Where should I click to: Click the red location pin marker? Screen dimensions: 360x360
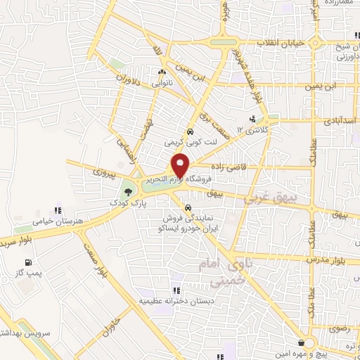tap(181, 165)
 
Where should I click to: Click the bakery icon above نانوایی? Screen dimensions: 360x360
tap(162, 72)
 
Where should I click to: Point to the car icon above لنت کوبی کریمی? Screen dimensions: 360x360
tap(190, 131)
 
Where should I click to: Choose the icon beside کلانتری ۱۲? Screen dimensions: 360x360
tap(252, 120)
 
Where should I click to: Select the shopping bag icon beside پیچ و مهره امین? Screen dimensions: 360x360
tap(302, 342)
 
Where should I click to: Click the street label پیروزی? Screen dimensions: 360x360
tap(103, 171)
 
